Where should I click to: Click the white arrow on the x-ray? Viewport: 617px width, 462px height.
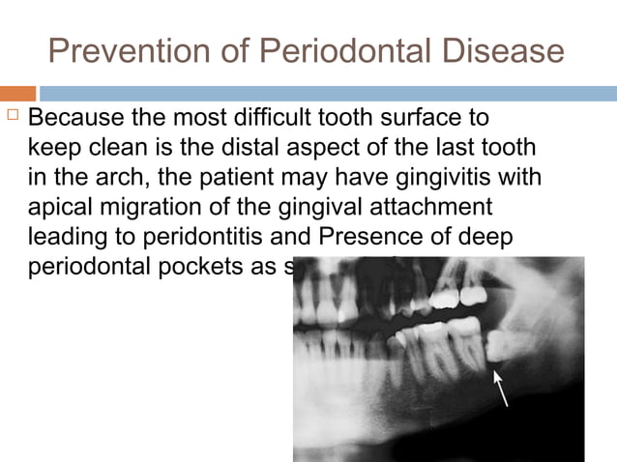501,389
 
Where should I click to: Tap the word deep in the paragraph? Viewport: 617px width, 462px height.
470,236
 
